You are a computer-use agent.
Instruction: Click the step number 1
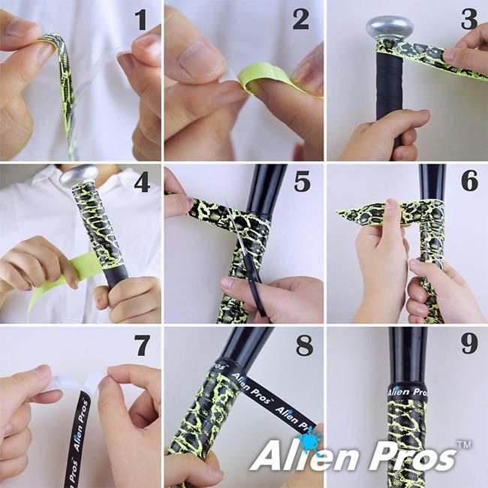[x=141, y=20]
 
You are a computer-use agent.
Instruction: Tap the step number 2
[x=301, y=20]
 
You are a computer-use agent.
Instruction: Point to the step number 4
[x=141, y=183]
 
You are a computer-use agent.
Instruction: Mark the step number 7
[x=141, y=346]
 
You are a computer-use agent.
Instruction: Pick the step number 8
[x=303, y=346]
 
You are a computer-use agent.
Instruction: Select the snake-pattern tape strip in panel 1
[x=64, y=83]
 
